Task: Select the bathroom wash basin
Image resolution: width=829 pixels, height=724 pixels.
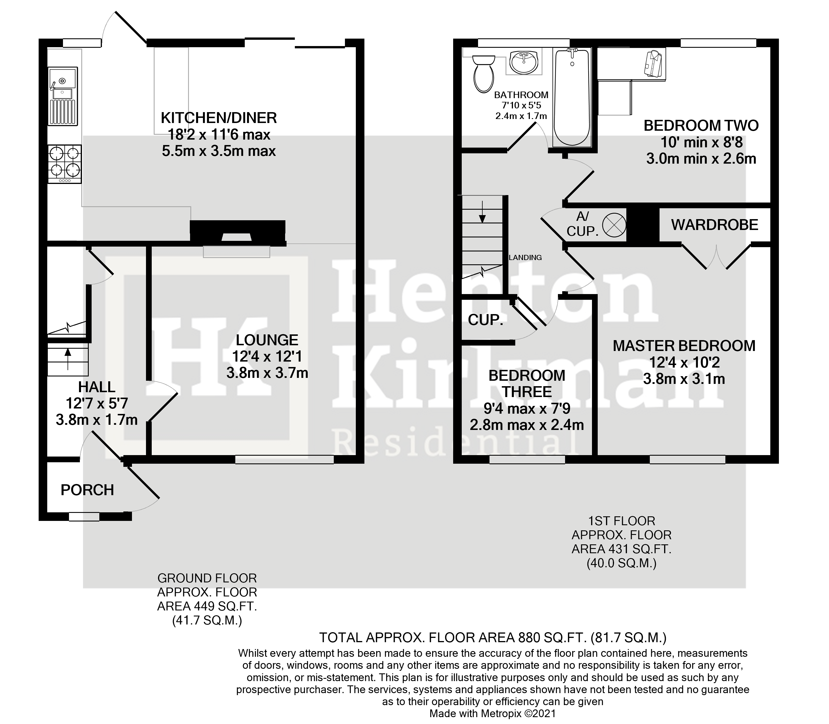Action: pyautogui.click(x=524, y=63)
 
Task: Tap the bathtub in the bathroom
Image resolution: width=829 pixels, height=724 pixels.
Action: pyautogui.click(x=571, y=97)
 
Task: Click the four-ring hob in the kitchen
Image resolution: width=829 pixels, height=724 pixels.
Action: pyautogui.click(x=65, y=164)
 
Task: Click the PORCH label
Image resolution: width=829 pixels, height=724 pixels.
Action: pyautogui.click(x=87, y=490)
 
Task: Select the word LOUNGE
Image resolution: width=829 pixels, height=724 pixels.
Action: pyautogui.click(x=267, y=340)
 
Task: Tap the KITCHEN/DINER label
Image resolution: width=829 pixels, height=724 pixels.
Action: pyautogui.click(x=219, y=118)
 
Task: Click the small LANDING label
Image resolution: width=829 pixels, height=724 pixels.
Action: pyautogui.click(x=525, y=257)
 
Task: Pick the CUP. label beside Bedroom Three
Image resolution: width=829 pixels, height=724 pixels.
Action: pyautogui.click(x=485, y=320)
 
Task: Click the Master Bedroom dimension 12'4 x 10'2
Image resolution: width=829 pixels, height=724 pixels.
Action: pyautogui.click(x=684, y=362)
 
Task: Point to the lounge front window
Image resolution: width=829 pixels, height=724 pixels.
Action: pyautogui.click(x=285, y=459)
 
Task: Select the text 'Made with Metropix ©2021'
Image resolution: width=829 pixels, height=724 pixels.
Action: pyautogui.click(x=493, y=713)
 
